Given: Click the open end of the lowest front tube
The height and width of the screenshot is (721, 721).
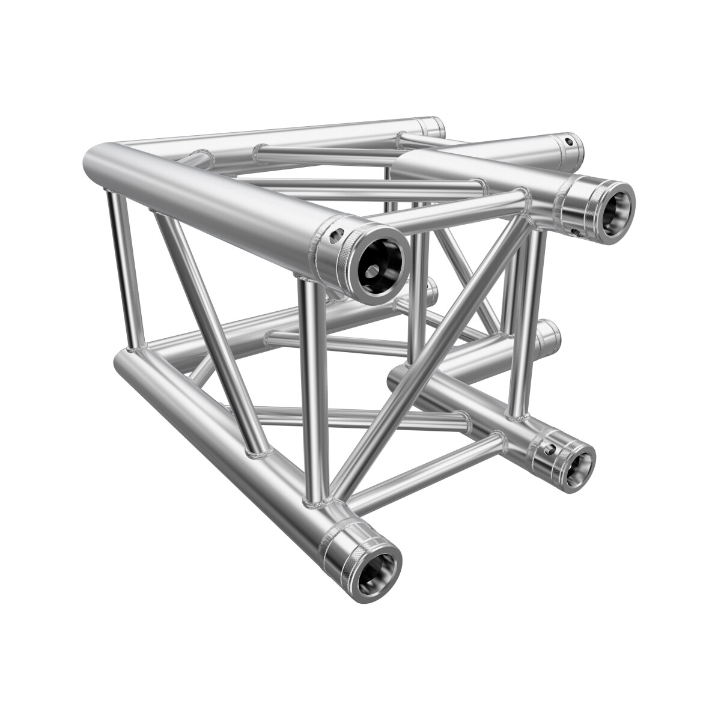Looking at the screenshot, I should coord(377,567).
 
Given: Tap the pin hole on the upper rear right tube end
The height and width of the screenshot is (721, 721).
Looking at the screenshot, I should coord(568,142).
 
